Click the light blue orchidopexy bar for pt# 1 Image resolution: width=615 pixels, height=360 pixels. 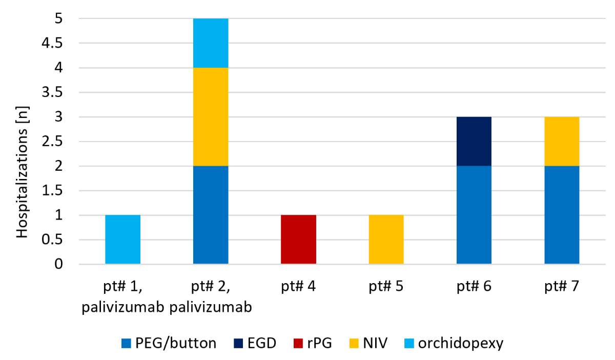point(123,239)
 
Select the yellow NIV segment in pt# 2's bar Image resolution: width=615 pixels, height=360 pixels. point(211,116)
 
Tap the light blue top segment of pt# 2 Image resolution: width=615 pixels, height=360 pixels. point(211,43)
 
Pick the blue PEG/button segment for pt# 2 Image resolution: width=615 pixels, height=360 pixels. point(211,215)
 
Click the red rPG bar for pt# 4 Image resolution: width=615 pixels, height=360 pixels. point(299,239)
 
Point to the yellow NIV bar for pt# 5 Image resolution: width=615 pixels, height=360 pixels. point(386,239)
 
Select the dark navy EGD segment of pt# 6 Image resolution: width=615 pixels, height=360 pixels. point(474,141)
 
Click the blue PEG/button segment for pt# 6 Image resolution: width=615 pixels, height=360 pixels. point(474,215)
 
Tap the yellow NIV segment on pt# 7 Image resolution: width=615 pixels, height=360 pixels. point(562,141)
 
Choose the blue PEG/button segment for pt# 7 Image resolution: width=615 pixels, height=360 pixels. point(562,215)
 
